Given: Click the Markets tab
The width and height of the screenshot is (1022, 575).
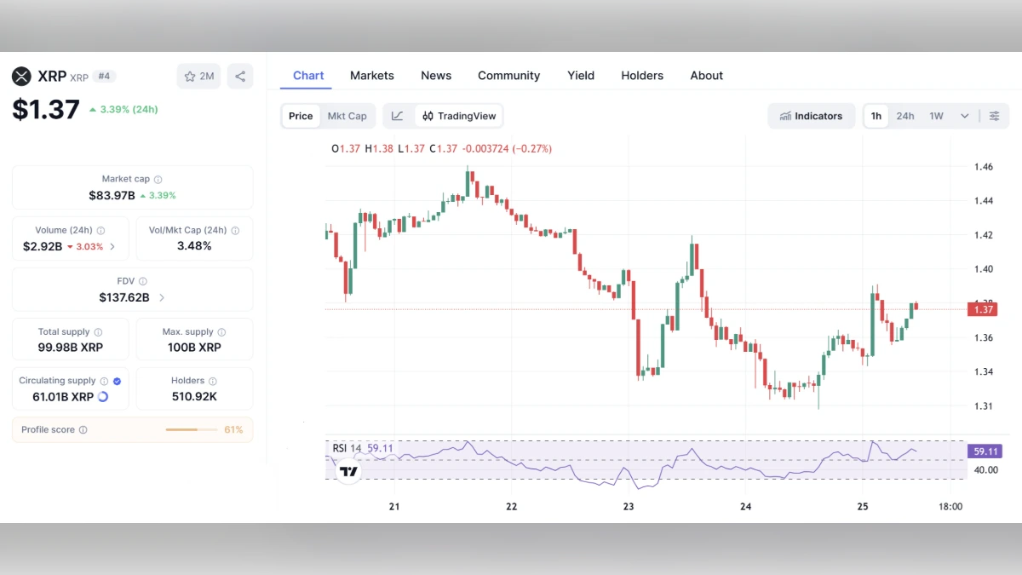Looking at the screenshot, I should pos(372,76).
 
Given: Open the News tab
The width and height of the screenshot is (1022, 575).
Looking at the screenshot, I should pos(436,76).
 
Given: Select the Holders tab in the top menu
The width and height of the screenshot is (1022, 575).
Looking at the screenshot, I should pos(642,76).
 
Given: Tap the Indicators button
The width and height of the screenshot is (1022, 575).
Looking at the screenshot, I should pos(811,116).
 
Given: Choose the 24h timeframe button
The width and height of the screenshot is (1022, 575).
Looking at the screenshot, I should pos(905,116).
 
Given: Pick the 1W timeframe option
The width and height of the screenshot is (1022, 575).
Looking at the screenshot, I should pos(936,116).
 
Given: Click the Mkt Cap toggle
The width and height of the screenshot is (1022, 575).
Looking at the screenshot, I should pos(347,116).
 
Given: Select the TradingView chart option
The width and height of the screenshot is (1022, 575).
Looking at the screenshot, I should pos(459,116).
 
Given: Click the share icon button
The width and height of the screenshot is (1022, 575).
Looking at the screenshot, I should pos(240,77).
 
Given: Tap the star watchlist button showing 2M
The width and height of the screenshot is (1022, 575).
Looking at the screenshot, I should pos(199,77).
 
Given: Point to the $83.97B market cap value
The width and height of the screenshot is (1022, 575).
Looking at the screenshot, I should pos(112,195).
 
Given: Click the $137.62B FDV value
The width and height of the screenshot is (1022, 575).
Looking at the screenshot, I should pos(124,297).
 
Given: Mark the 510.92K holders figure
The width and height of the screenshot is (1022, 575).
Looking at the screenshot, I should pos(194,396).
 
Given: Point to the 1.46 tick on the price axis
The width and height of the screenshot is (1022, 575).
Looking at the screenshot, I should pos(983,167).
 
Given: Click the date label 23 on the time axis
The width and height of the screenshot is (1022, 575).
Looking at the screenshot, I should pos(629,506).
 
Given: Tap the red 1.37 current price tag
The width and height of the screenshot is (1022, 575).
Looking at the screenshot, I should pos(983,309).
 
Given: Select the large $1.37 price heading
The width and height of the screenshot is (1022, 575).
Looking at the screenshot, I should pos(46,109).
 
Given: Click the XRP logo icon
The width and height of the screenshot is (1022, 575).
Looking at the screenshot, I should pos(21,77).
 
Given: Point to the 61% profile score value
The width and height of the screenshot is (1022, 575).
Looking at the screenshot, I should pos(233,429).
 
